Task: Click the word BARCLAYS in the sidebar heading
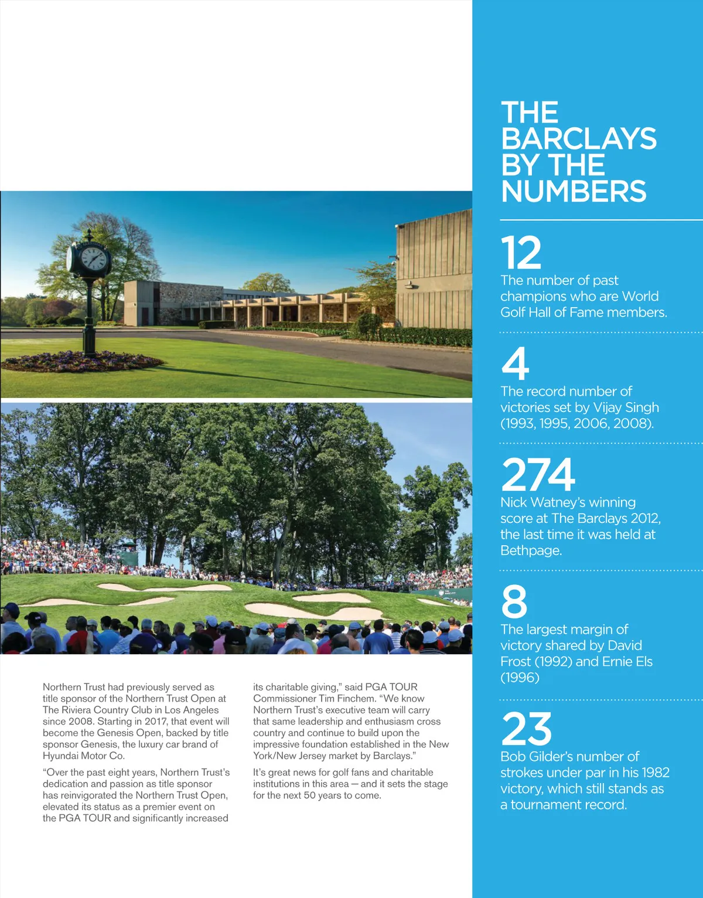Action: pyautogui.click(x=579, y=139)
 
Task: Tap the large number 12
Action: pyautogui.click(x=521, y=253)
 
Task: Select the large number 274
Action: pyautogui.click(x=538, y=474)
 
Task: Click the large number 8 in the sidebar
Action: pyautogui.click(x=514, y=601)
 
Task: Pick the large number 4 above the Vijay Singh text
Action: pyautogui.click(x=516, y=364)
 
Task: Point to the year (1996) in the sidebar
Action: pyautogui.click(x=520, y=678)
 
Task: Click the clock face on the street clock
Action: pyautogui.click(x=94, y=258)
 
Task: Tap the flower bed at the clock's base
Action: pyautogui.click(x=82, y=362)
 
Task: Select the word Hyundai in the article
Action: pyautogui.click(x=60, y=756)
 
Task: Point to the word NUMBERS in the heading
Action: pyautogui.click(x=574, y=191)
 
